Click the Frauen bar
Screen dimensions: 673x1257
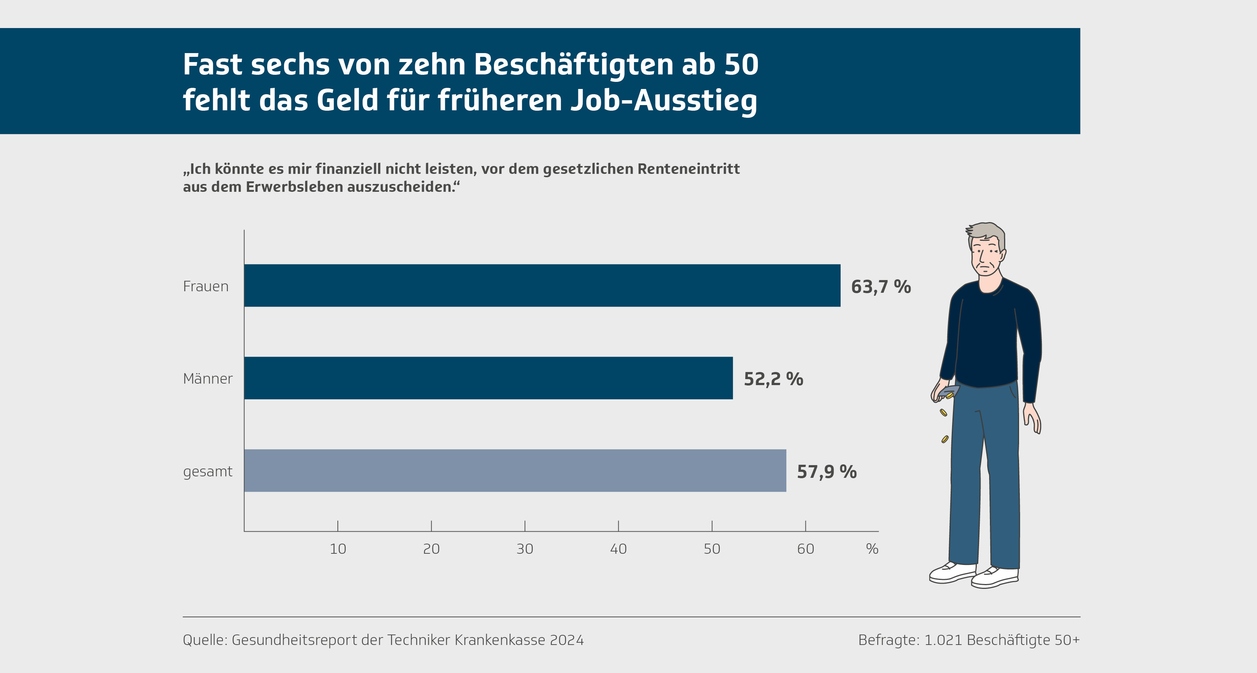click(x=542, y=286)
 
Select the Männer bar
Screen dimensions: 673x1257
click(x=488, y=378)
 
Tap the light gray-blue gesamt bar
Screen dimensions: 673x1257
click(x=515, y=471)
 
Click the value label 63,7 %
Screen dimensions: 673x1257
click(x=881, y=287)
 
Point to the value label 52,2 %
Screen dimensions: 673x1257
click(x=773, y=379)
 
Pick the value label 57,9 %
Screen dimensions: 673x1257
click(x=827, y=471)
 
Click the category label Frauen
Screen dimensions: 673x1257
click(x=205, y=286)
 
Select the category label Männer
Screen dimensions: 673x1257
click(x=207, y=378)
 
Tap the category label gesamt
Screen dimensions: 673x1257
click(x=207, y=471)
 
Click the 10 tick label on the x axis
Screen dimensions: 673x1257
click(x=338, y=549)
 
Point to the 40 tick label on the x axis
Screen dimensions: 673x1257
click(x=618, y=549)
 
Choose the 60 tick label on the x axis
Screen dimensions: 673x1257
click(x=805, y=549)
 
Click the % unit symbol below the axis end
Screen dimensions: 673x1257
click(x=872, y=549)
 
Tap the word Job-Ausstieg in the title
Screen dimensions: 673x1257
click(x=664, y=101)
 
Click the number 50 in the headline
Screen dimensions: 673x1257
click(x=741, y=64)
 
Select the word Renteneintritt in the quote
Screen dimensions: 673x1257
click(x=688, y=169)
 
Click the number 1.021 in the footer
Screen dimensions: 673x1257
click(x=943, y=640)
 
